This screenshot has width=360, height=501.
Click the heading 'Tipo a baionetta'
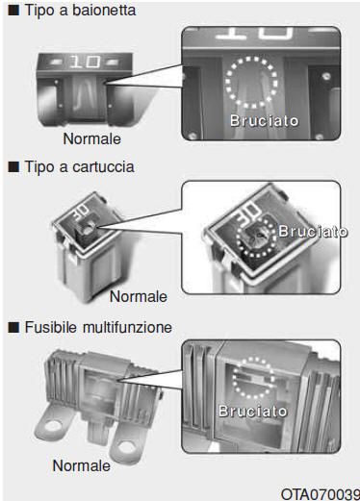[80, 10]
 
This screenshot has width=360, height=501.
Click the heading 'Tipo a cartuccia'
[80, 167]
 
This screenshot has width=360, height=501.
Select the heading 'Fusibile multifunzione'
[98, 327]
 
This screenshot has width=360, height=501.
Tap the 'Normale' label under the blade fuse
[92, 138]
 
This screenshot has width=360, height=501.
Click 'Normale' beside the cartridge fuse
[139, 296]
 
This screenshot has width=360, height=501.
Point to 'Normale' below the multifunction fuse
[81, 465]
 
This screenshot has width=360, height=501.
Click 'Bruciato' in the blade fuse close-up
[265, 121]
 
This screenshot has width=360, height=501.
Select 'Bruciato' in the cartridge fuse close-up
[313, 231]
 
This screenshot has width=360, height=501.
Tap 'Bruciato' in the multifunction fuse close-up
[253, 411]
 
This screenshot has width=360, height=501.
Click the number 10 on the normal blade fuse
[85, 62]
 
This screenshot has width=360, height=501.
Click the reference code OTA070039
[321, 494]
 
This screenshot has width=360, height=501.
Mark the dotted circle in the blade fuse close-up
[226, 82]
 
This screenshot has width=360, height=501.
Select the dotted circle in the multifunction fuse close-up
[234, 378]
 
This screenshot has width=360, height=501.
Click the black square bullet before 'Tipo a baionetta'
[13, 11]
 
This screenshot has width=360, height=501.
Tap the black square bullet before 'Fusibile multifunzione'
[13, 328]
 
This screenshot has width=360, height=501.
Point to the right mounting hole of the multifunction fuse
[126, 445]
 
